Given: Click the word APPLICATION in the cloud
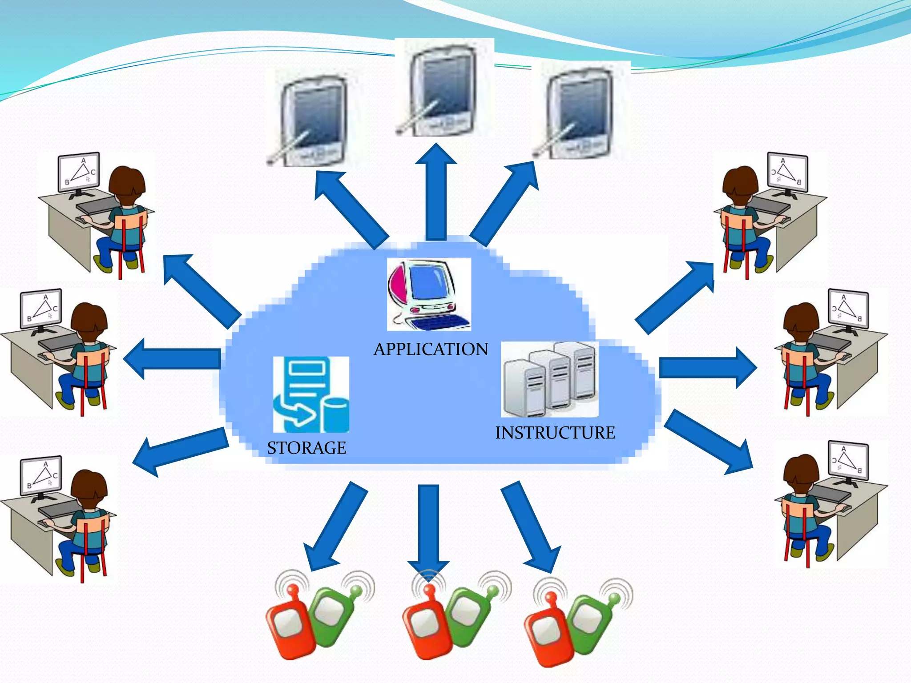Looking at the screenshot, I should click(x=431, y=350).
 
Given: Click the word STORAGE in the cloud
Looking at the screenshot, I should click(x=306, y=448).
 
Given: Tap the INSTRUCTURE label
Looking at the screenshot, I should click(x=555, y=433).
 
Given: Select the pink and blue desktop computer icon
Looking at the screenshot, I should click(x=428, y=294).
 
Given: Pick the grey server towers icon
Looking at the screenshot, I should click(x=550, y=379).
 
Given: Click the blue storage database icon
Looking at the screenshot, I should click(x=311, y=394).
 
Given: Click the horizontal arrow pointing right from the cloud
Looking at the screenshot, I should click(x=707, y=368).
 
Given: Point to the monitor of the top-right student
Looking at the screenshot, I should click(x=788, y=172).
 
